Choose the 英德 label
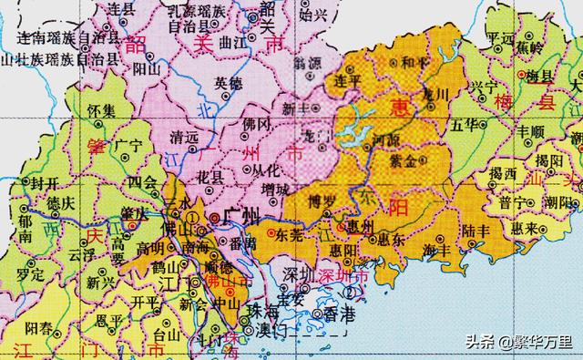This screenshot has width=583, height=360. tap(229, 81)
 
